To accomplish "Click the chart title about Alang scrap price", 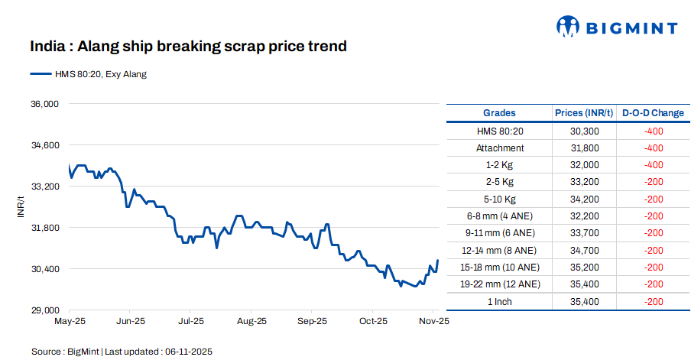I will point(188,47).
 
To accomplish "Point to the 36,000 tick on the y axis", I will point(44,104).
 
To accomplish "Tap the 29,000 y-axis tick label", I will point(44,310).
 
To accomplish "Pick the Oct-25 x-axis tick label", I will point(373,322).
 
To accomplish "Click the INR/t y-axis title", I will point(21,207).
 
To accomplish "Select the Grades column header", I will point(499,113).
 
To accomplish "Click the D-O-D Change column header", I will point(653,113).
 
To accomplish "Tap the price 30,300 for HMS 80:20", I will point(584,131).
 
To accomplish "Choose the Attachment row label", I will point(500,148).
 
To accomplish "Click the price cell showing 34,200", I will point(584,199).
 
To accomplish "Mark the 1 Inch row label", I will point(500,301).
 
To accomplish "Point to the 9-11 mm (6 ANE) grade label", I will point(500,233).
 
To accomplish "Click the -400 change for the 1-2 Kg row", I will point(653,165).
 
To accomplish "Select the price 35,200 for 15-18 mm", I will point(584,268).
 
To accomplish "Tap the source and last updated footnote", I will point(122,352).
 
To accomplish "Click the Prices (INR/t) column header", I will point(584,113).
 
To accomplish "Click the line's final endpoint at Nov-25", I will point(438,261).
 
